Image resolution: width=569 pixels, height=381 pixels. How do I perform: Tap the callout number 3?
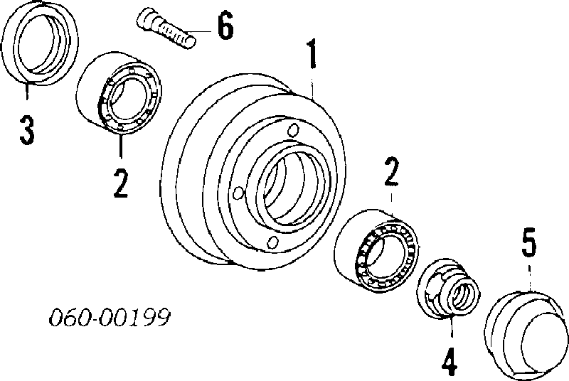click(27, 130)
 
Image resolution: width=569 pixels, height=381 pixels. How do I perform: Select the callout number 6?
click(225, 25)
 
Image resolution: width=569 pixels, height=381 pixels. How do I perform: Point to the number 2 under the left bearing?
click(121, 183)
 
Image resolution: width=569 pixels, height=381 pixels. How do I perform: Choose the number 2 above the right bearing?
click(391, 171)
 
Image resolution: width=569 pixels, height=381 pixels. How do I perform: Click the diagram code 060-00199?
click(110, 318)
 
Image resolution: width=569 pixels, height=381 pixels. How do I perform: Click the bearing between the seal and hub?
click(119, 94)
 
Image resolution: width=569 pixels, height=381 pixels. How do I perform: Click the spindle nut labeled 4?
click(449, 288)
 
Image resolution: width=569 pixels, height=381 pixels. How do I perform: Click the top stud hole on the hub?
click(293, 131)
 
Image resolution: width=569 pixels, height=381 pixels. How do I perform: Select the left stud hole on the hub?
click(238, 193)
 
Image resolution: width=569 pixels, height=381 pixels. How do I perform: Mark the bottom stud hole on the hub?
click(273, 242)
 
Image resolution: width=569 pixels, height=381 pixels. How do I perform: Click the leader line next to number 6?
click(201, 31)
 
